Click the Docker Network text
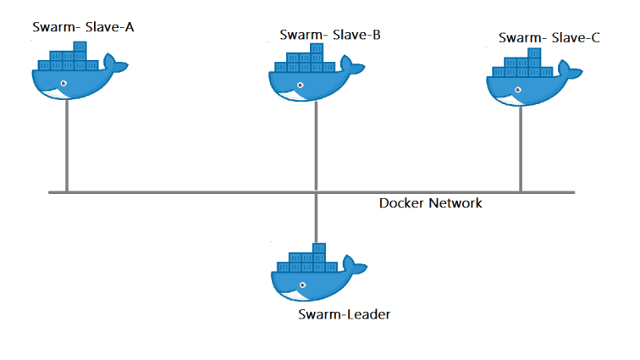[x=430, y=203]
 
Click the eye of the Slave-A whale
[x=63, y=83]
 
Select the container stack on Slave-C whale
[x=524, y=64]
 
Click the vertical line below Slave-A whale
[x=67, y=144]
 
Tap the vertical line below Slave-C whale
[x=521, y=148]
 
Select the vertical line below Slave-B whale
[x=316, y=144]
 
